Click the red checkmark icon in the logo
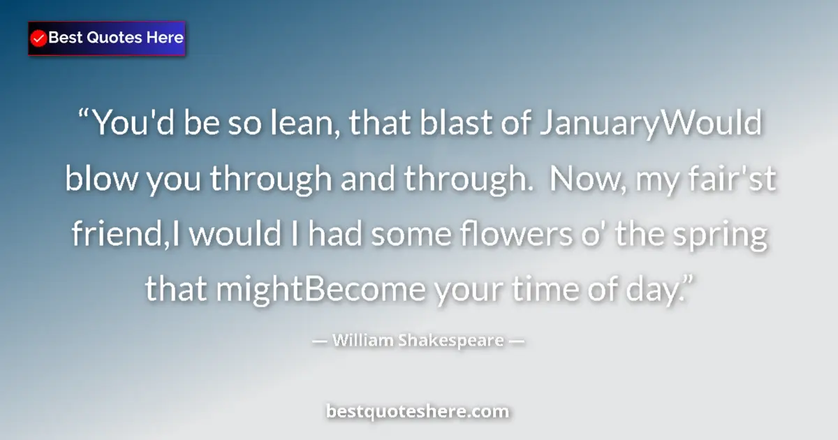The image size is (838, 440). pyautogui.click(x=39, y=38)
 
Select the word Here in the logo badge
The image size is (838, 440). pyautogui.click(x=164, y=38)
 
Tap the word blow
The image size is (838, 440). pyautogui.click(x=101, y=180)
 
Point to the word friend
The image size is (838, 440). pyautogui.click(x=119, y=235)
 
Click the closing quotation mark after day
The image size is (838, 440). pyautogui.click(x=685, y=282)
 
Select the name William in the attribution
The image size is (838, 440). pyautogui.click(x=362, y=341)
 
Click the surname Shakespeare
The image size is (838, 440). pyautogui.click(x=450, y=342)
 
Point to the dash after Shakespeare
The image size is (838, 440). pyautogui.click(x=517, y=342)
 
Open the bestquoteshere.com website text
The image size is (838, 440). pyautogui.click(x=418, y=411)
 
